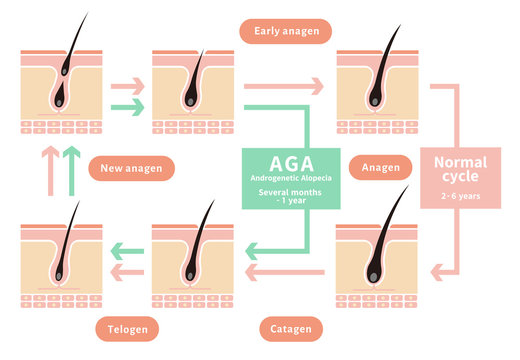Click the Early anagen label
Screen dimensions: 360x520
tap(285, 31)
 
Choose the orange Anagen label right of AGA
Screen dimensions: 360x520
tap(381, 168)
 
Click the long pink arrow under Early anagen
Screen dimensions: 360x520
tap(284, 86)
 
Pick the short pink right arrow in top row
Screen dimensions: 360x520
tap(128, 86)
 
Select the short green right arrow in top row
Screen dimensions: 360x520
tap(128, 106)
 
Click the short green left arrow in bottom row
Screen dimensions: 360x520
tap(126, 249)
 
